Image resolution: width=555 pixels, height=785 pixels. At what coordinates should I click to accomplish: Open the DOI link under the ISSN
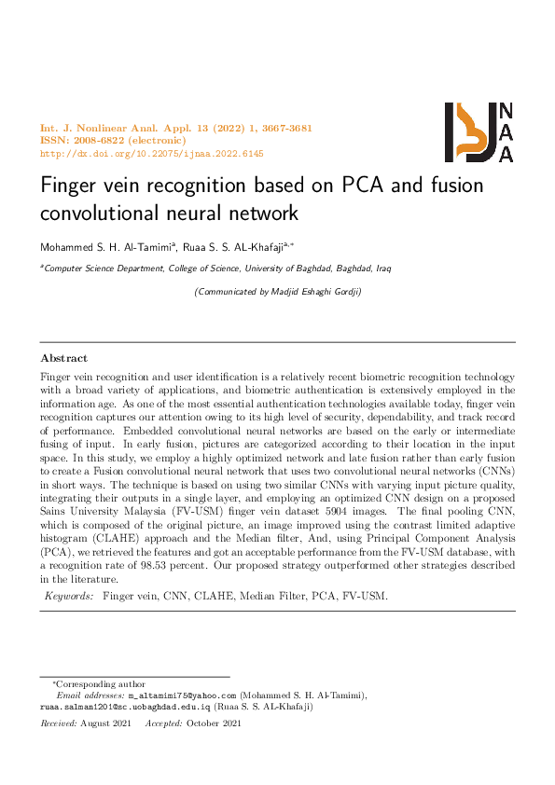click(151, 154)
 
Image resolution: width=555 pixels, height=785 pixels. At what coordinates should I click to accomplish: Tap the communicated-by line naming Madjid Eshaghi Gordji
click(277, 292)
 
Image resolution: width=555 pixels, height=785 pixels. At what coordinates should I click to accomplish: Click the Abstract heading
click(63, 358)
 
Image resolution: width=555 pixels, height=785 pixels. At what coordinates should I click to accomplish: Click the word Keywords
click(69, 595)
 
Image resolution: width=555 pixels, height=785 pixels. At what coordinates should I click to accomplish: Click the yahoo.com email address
click(183, 695)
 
